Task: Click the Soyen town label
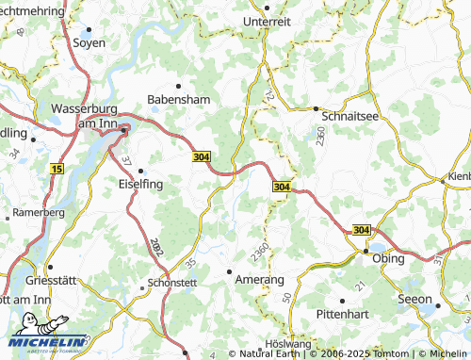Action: [89, 42]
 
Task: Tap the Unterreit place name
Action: [267, 22]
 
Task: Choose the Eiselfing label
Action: [139, 185]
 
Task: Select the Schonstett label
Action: [171, 283]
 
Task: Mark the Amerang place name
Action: [259, 281]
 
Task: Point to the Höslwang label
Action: [289, 344]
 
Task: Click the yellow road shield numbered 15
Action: [57, 169]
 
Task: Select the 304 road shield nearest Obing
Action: [363, 230]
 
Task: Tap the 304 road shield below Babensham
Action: [201, 156]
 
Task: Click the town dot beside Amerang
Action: [231, 272]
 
